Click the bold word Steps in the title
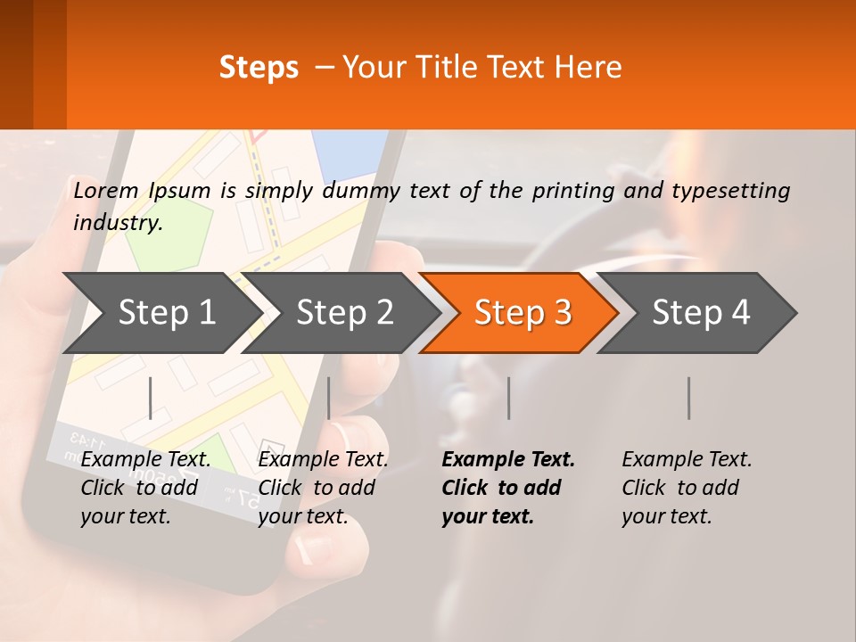259,67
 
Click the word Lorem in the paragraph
105,190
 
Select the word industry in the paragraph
117,223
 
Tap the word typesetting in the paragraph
730,190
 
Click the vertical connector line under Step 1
151,398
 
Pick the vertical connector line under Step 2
329,398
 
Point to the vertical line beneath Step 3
508,398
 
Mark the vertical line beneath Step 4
688,398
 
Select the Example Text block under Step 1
145,488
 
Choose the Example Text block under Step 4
687,488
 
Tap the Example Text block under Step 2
323,488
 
